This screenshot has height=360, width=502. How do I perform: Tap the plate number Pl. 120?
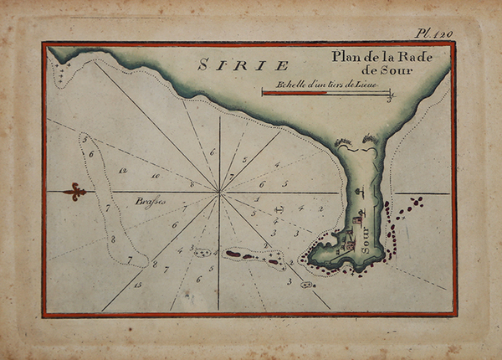(x=433, y=34)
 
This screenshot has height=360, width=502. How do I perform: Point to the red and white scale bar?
(x=326, y=93)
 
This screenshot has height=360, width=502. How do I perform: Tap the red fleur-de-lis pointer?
(x=74, y=192)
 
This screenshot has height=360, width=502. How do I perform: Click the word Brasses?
(x=151, y=202)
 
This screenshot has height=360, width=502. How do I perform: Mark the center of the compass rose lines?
(x=220, y=193)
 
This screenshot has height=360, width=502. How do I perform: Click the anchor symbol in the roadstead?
(x=280, y=206)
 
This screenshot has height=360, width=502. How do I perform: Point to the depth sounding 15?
(x=137, y=286)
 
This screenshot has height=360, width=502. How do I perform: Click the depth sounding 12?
(x=123, y=171)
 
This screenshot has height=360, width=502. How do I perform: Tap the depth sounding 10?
(x=156, y=177)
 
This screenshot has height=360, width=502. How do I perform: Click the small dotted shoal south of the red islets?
(x=307, y=285)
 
